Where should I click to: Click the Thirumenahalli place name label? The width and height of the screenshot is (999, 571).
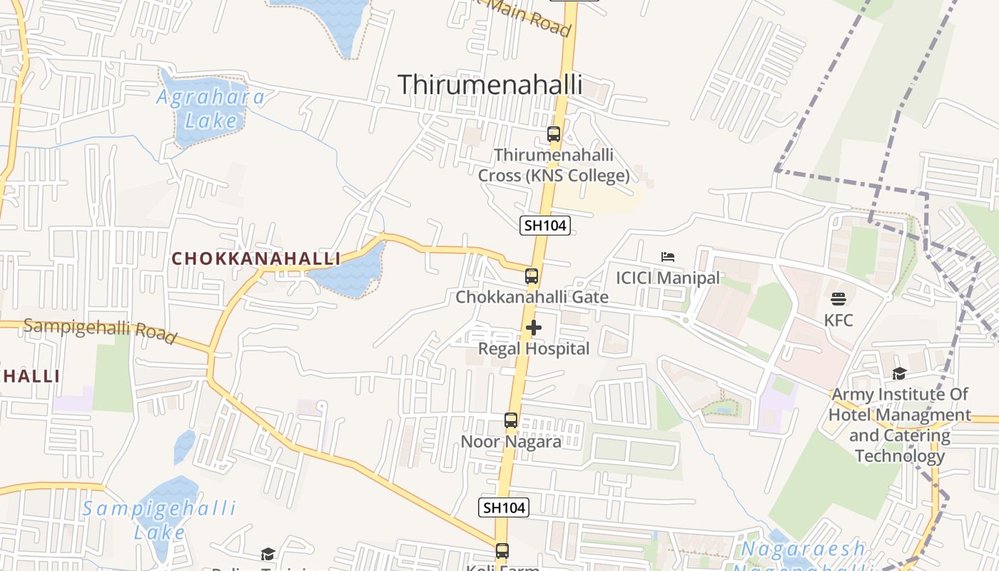490,84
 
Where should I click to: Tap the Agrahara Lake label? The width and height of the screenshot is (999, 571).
211,108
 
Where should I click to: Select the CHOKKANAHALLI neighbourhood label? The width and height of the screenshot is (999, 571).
255,258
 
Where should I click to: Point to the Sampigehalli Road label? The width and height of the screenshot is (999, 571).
99,330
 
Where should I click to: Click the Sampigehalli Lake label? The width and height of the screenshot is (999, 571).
159,520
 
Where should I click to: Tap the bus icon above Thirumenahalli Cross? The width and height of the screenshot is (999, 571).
553,133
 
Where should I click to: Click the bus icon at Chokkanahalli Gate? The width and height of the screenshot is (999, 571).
532,276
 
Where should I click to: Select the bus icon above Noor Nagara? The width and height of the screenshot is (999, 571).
511,420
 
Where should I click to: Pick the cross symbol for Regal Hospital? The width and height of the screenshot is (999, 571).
534,328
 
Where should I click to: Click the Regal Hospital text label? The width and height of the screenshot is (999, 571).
534,349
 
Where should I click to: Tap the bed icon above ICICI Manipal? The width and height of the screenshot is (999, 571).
668,256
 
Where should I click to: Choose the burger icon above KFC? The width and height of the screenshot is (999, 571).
838,298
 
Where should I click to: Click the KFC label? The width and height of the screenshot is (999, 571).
838,320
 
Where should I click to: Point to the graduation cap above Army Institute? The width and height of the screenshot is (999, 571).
899,373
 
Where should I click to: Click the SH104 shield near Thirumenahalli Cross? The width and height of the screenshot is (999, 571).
545,226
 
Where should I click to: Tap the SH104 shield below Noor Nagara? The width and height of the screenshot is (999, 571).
504,507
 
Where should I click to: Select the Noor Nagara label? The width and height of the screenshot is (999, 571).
511,441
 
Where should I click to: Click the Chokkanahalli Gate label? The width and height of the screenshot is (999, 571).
532,297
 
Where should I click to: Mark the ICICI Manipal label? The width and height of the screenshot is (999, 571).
668,278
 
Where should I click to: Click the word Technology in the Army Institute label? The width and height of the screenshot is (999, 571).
900,455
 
